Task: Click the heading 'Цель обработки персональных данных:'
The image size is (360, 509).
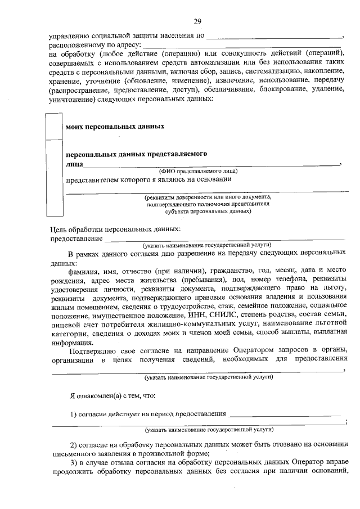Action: (115, 229)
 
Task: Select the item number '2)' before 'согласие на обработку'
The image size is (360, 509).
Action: (74, 444)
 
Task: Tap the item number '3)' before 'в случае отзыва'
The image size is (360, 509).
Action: (74, 462)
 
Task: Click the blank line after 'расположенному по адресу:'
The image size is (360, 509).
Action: (242, 44)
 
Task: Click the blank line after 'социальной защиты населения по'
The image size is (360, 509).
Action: (274, 35)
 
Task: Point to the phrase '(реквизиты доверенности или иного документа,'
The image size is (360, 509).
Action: (208, 197)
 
